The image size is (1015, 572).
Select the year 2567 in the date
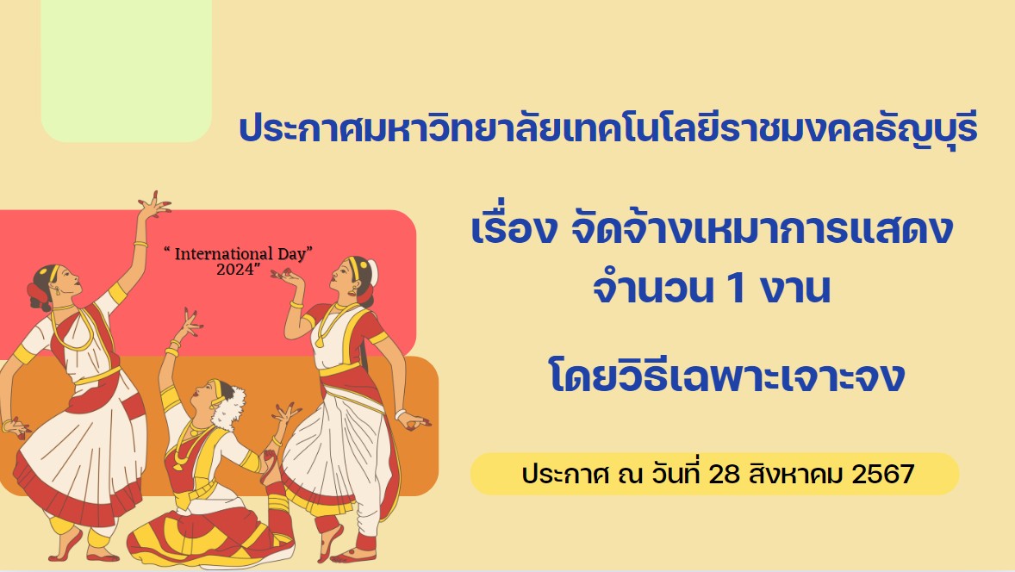(x=883, y=475)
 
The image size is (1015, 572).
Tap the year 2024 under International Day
(x=235, y=269)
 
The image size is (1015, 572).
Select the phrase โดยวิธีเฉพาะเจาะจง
(x=726, y=377)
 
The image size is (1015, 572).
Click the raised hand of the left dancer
(x=153, y=206)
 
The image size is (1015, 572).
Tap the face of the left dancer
(x=65, y=282)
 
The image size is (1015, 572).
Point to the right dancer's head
(x=355, y=276)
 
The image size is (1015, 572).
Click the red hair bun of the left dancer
(x=38, y=295)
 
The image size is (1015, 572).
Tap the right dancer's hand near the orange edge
(x=414, y=421)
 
